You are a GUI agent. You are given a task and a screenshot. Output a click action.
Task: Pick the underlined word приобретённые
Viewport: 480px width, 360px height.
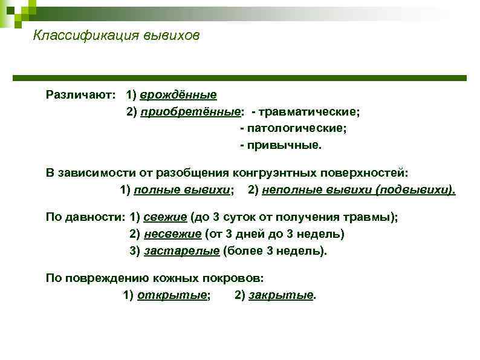click(x=190, y=112)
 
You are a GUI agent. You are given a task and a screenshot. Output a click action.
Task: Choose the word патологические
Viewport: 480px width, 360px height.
click(x=296, y=129)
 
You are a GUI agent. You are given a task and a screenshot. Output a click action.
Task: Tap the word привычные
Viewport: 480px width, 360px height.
click(x=284, y=146)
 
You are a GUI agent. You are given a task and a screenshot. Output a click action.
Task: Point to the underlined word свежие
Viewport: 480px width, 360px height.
click(x=165, y=217)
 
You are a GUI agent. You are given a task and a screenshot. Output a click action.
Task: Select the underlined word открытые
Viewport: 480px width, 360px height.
click(x=173, y=295)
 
